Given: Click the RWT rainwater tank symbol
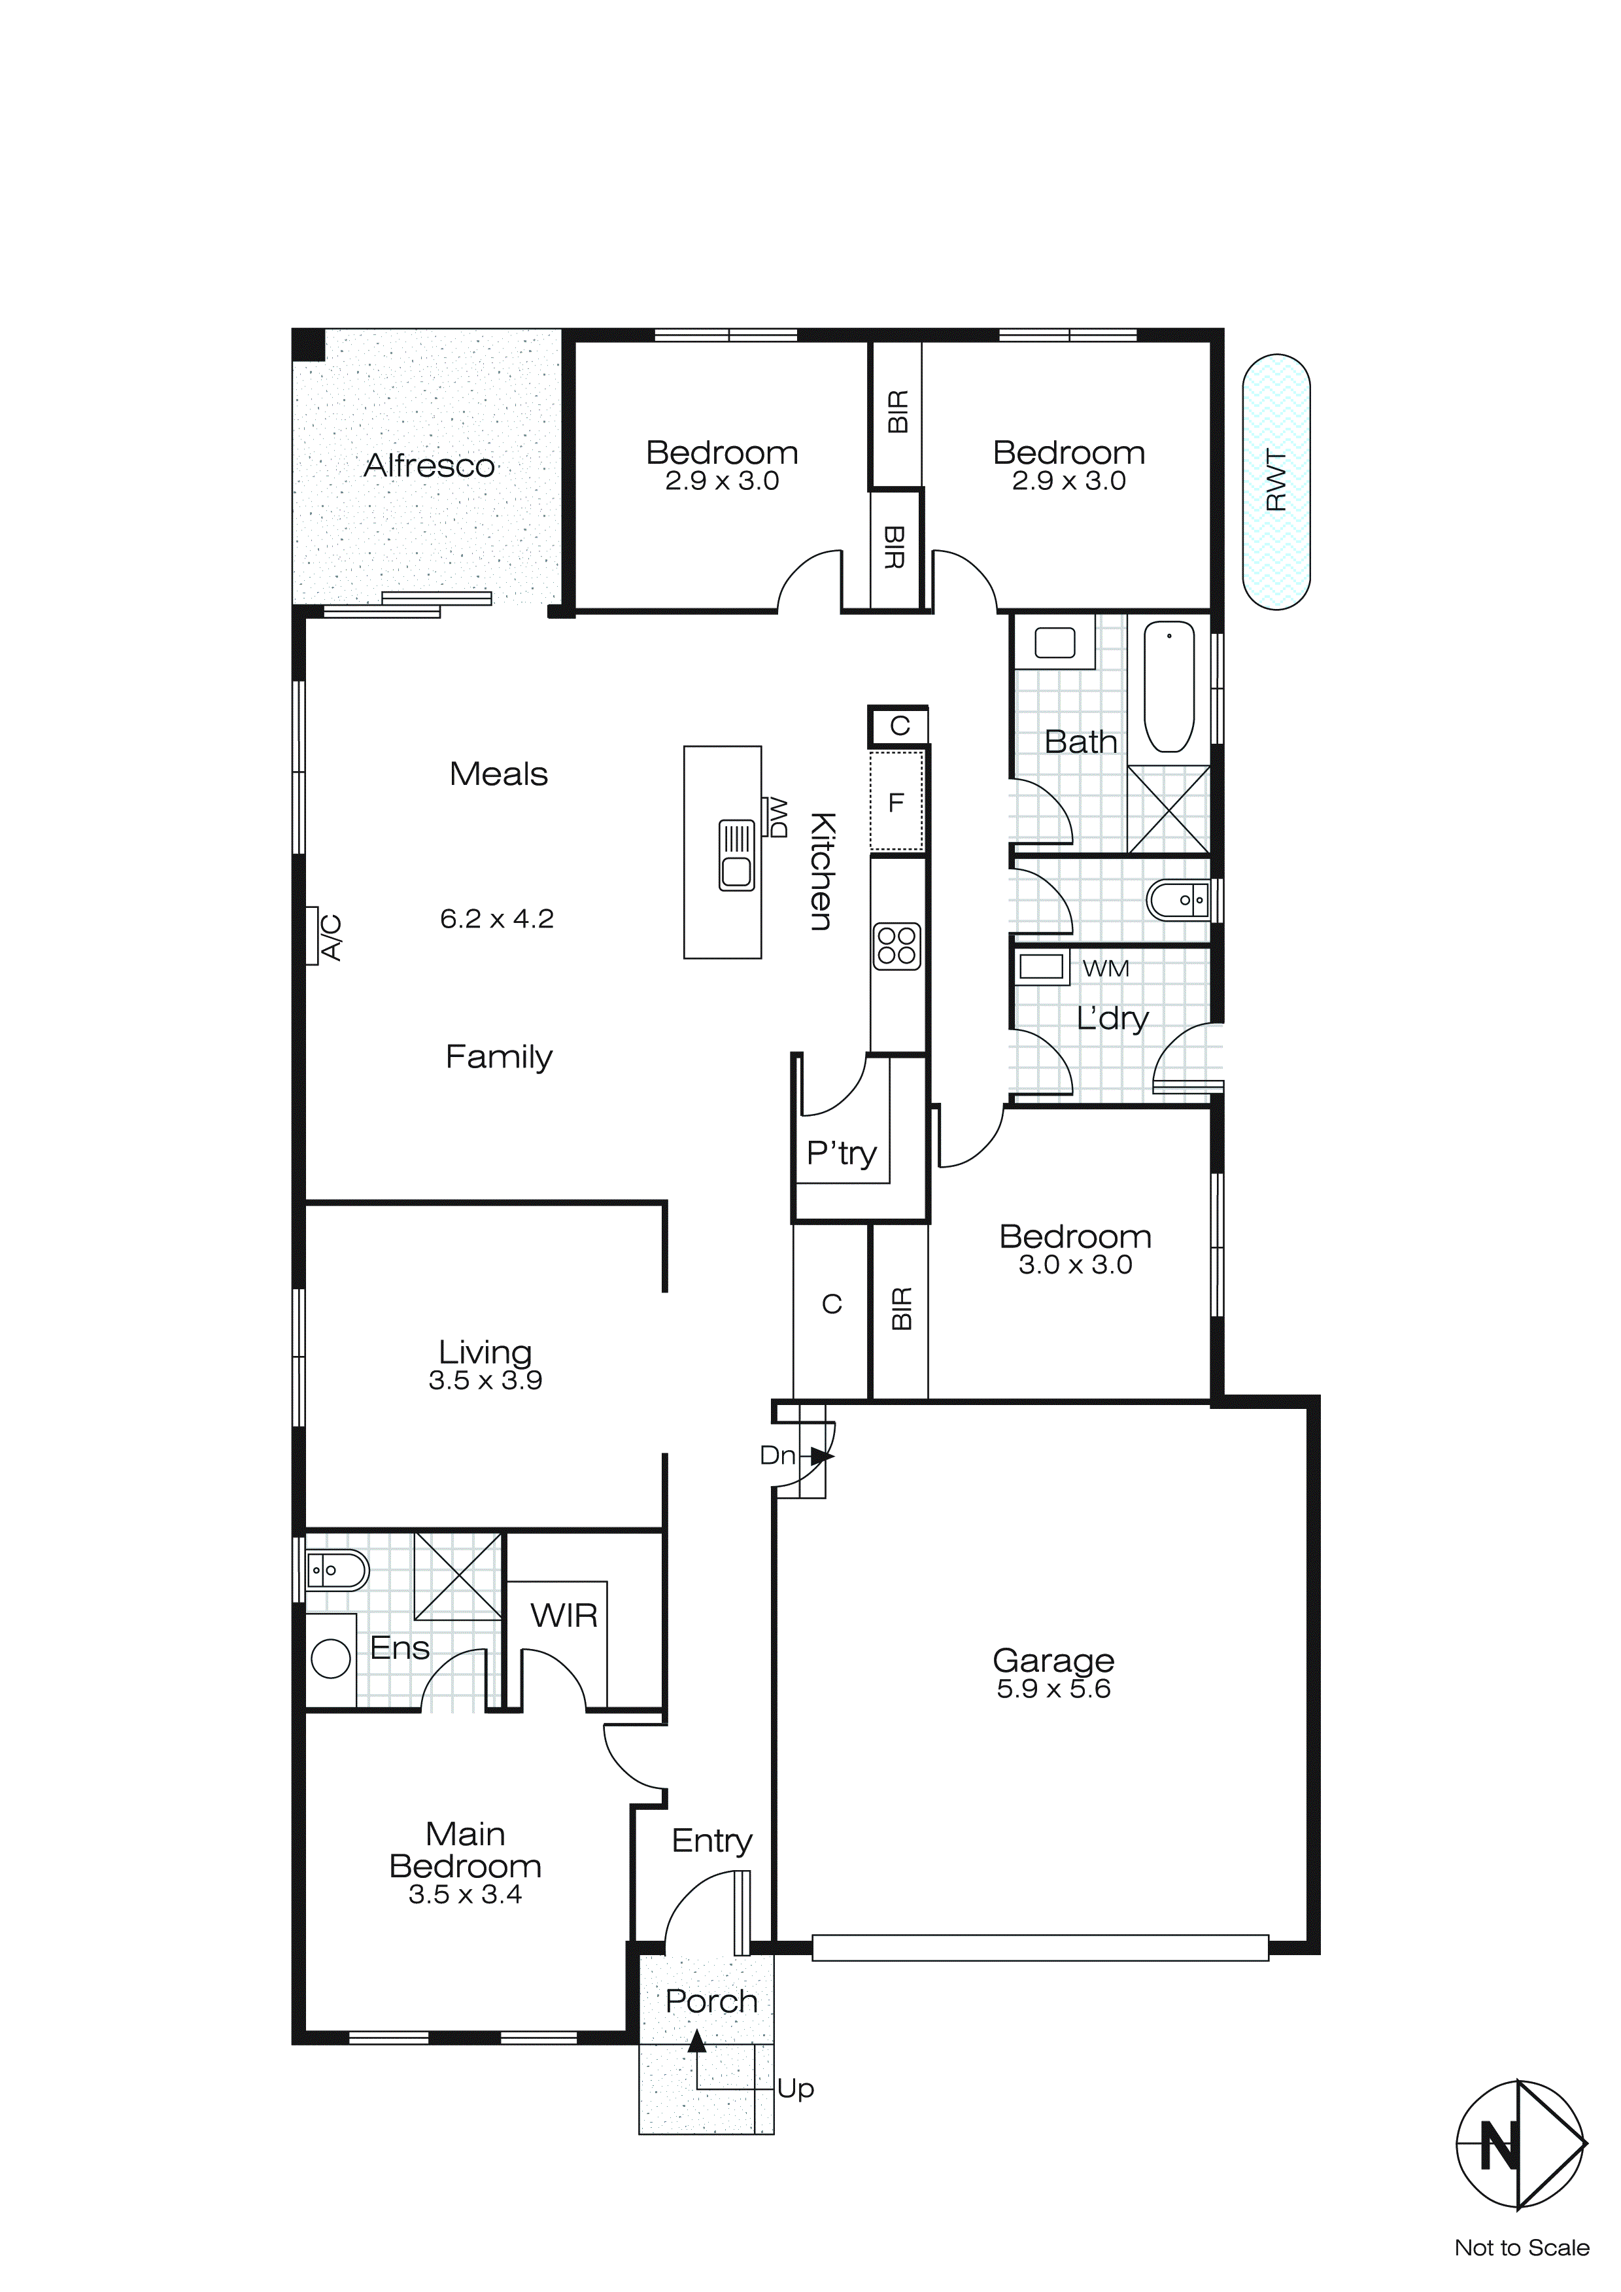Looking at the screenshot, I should (x=1276, y=481).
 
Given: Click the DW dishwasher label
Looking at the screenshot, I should (x=777, y=816).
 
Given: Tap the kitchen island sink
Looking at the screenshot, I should (x=737, y=856).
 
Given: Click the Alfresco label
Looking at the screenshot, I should (x=428, y=466).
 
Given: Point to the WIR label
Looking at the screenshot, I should (x=564, y=1615).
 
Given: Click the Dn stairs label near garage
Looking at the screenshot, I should (x=777, y=1455).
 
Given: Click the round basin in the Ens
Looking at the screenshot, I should (x=330, y=1658).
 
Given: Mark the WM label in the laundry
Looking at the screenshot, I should (x=1105, y=968).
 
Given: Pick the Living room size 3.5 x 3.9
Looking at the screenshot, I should (x=485, y=1381).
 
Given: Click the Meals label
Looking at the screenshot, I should (x=498, y=774).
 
